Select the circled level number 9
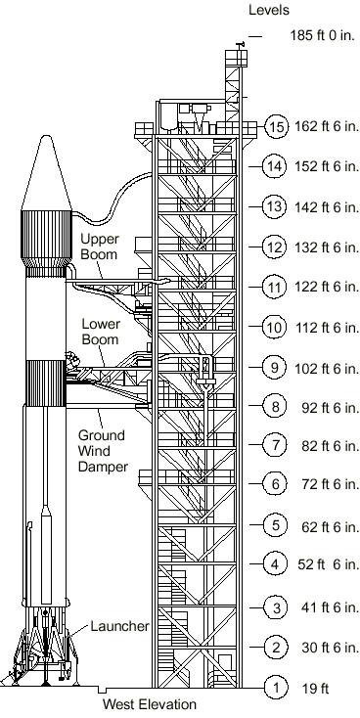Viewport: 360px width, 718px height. pos(274,367)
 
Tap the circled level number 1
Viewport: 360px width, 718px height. pos(276,688)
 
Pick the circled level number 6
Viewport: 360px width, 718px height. pos(275,483)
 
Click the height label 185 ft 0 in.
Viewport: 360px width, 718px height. pos(323,36)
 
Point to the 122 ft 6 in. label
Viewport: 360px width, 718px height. pos(327,288)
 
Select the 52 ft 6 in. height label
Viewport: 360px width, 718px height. pos(329,564)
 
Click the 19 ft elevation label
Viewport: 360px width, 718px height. pos(315,689)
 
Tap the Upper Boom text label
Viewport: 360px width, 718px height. pos(100,247)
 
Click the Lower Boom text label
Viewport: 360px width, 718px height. pos(101,332)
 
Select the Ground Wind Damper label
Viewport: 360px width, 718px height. pos(102,451)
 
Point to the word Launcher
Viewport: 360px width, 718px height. pos(119,626)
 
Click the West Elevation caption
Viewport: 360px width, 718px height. pos(150,704)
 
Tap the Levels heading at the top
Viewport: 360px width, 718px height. pos(269,10)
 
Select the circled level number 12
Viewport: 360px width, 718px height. pos(274,247)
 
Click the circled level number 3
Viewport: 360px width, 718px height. pos(276,607)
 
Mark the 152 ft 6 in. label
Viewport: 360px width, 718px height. pos(327,166)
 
